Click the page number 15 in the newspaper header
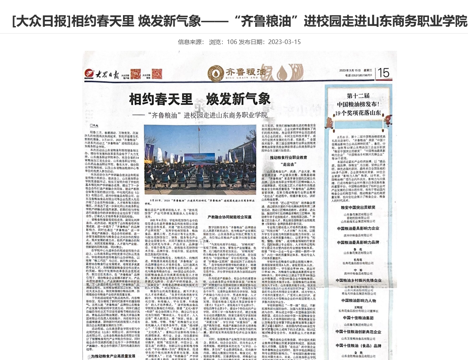click(383, 73)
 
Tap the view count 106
click(232, 42)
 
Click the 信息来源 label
click(191, 42)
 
